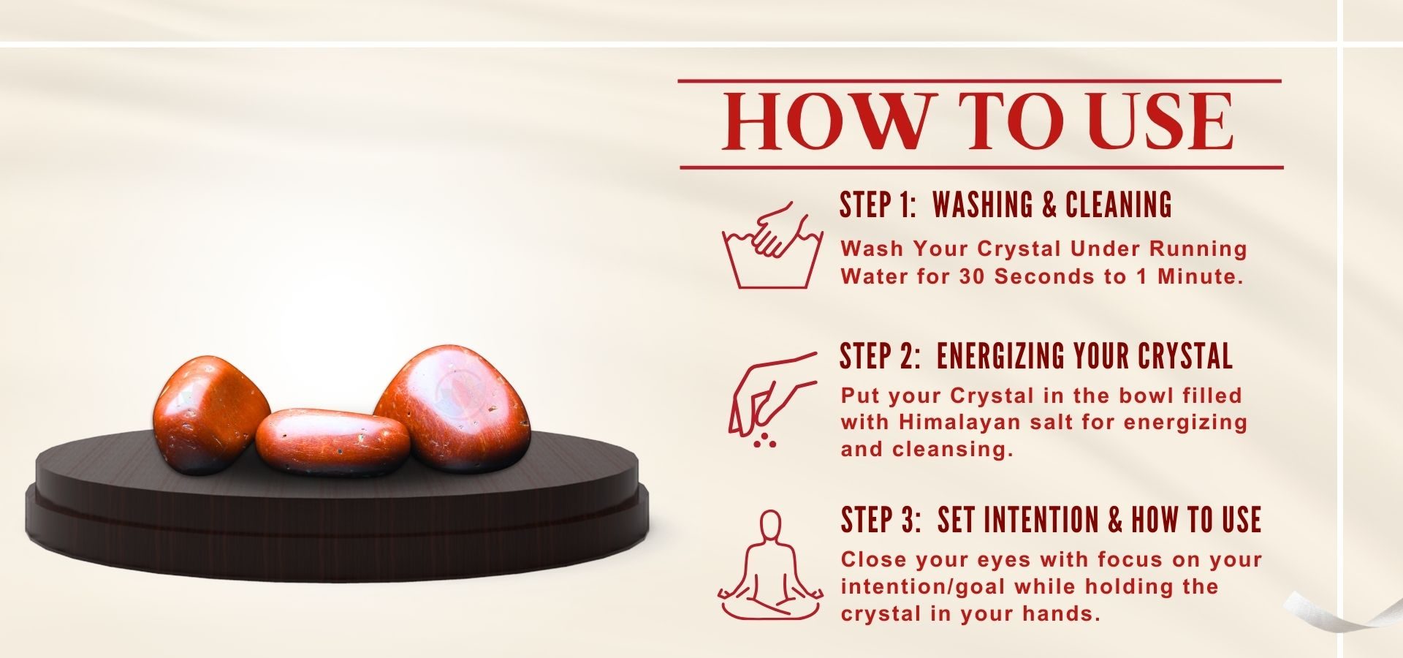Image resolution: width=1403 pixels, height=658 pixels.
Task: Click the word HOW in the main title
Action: (x=830, y=121)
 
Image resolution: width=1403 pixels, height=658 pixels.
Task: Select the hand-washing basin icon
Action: (x=772, y=245)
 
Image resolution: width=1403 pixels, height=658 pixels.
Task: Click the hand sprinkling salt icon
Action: (x=773, y=399)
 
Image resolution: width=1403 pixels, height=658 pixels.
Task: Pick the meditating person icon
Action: (x=770, y=565)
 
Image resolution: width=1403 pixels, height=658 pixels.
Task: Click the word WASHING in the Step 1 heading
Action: (x=984, y=205)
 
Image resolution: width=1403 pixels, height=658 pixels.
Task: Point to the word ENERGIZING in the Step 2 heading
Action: (x=1000, y=356)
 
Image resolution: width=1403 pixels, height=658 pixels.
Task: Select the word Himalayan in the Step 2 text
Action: (x=961, y=423)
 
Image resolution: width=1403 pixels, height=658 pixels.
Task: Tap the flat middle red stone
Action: (x=332, y=441)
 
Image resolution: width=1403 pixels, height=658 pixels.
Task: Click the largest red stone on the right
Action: (x=453, y=408)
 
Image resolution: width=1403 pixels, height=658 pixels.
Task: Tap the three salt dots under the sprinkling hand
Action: (x=765, y=439)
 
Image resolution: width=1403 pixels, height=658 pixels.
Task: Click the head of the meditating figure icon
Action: (x=770, y=525)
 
